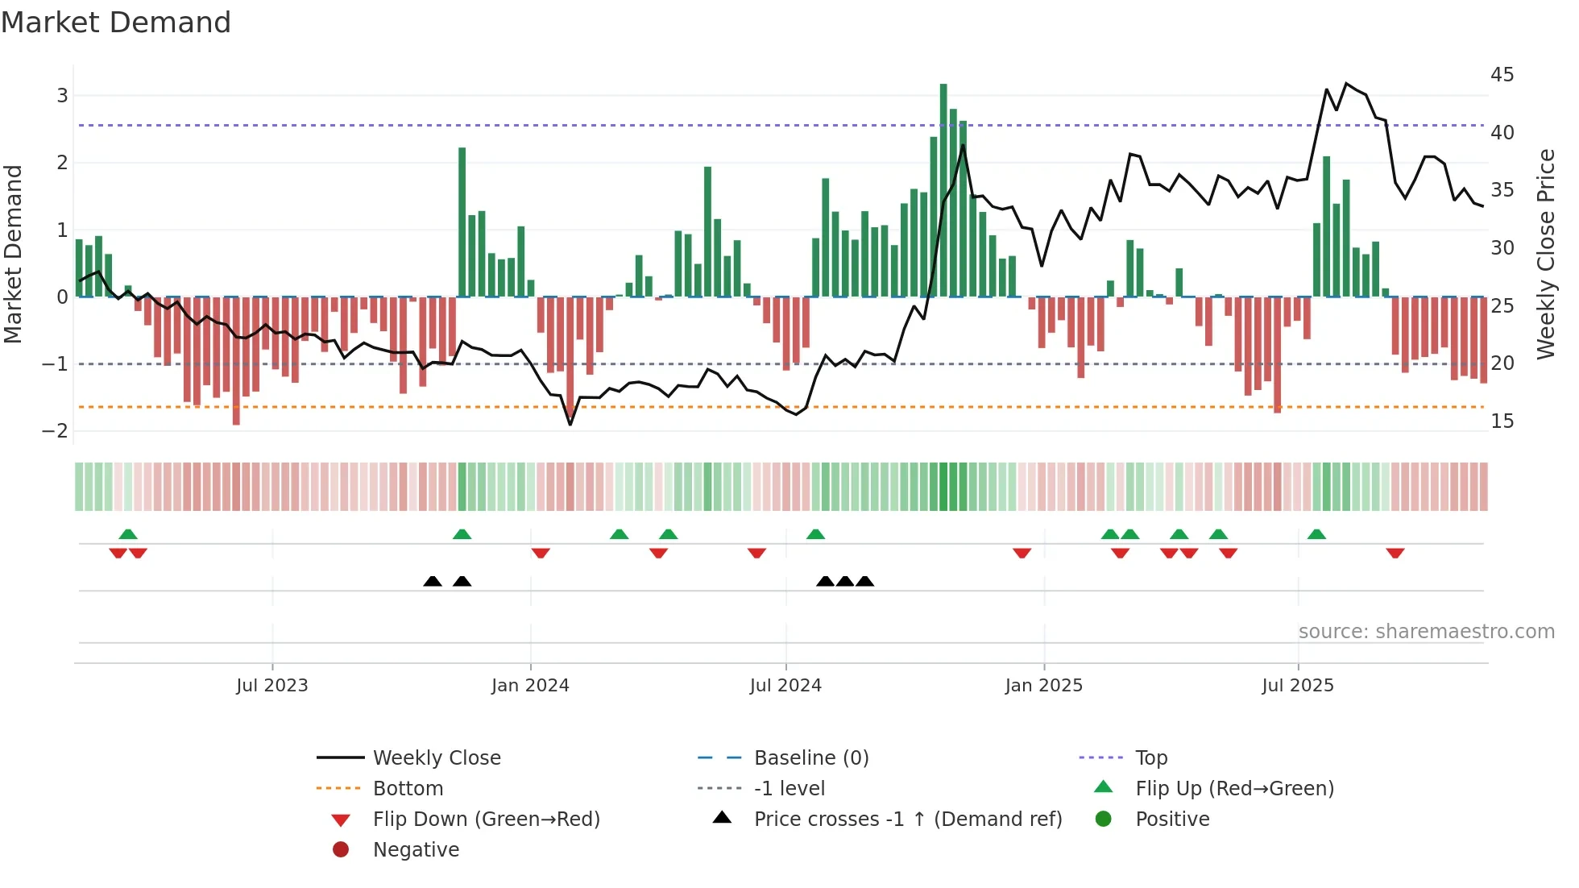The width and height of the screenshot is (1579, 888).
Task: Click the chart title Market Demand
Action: pyautogui.click(x=116, y=23)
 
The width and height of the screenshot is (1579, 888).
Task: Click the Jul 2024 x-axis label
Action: pyautogui.click(x=785, y=686)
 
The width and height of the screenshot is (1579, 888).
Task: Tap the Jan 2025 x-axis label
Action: pyautogui.click(x=1043, y=686)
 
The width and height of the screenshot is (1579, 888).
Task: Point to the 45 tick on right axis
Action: pyautogui.click(x=1502, y=75)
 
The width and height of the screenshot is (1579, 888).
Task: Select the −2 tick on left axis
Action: pyautogui.click(x=55, y=431)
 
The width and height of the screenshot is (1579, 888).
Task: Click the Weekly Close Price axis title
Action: pyautogui.click(x=1545, y=254)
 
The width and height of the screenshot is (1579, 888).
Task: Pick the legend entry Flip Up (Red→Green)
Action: pyautogui.click(x=1234, y=789)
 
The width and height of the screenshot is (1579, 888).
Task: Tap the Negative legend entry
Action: pyautogui.click(x=416, y=850)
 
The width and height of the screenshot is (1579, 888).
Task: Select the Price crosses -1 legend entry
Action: pyautogui.click(x=907, y=820)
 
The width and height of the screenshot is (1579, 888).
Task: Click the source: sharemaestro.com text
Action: pyautogui.click(x=1426, y=632)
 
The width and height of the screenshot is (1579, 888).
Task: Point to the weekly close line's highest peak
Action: pyautogui.click(x=1346, y=84)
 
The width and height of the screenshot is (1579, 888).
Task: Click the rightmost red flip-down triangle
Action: pyautogui.click(x=1395, y=553)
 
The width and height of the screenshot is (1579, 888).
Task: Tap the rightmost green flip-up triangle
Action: pyautogui.click(x=1316, y=534)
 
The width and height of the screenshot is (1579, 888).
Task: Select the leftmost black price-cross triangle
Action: pyautogui.click(x=433, y=581)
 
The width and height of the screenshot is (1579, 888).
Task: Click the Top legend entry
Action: pyautogui.click(x=1150, y=758)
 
